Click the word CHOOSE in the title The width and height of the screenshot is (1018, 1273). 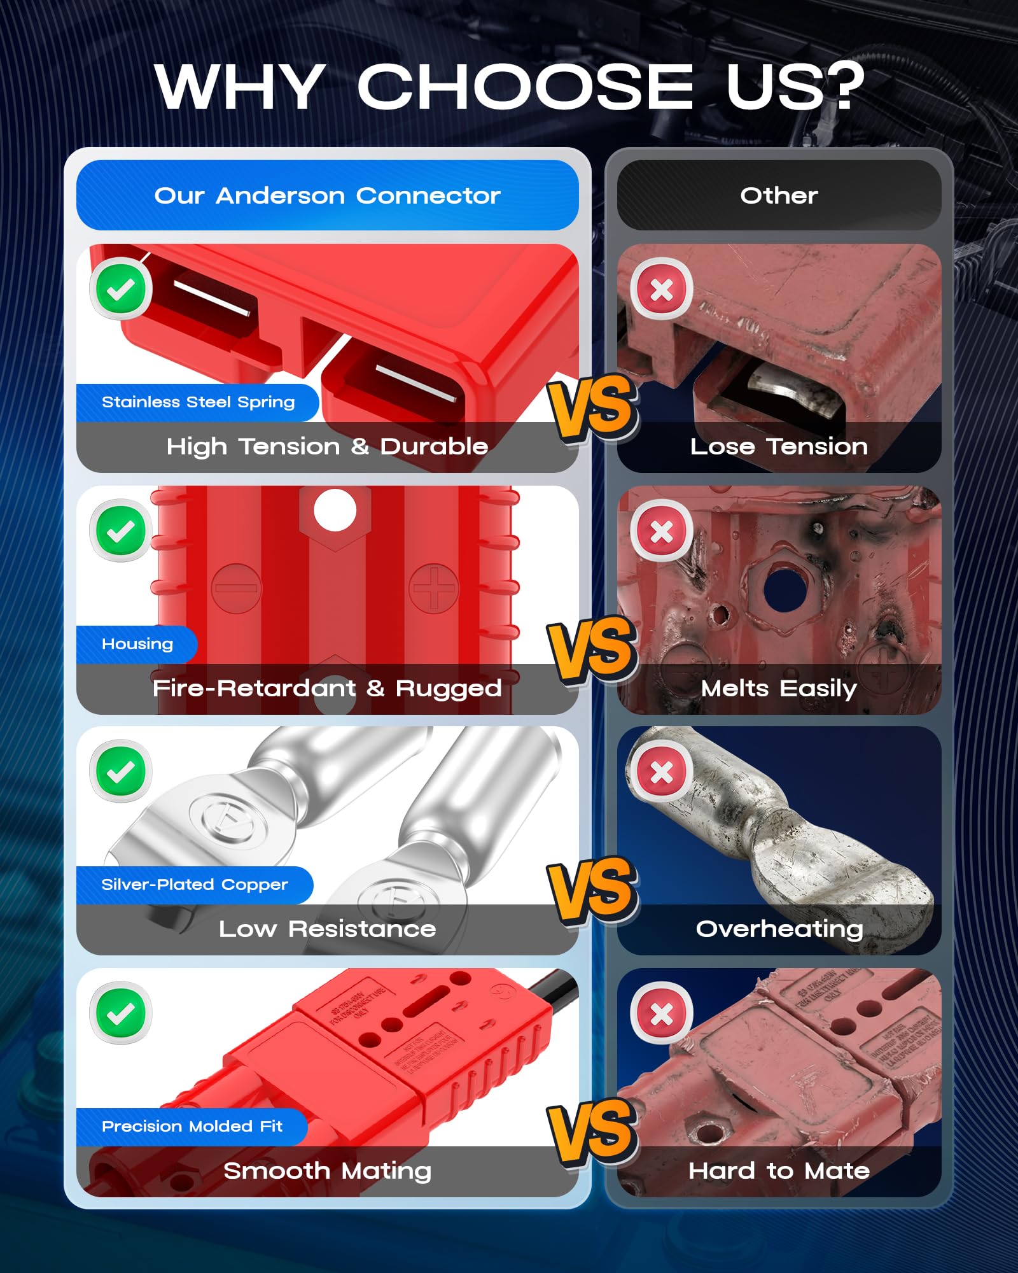point(525,87)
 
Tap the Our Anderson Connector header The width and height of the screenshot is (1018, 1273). point(327,195)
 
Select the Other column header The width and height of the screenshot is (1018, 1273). point(779,195)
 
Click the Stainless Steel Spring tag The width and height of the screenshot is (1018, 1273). point(198,402)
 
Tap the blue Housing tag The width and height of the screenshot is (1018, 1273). point(137,644)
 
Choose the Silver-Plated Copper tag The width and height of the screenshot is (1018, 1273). point(194,885)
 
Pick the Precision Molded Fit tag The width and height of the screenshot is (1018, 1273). point(192,1127)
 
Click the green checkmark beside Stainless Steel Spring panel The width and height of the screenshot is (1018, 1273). point(121,289)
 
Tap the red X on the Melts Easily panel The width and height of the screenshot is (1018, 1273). point(662,531)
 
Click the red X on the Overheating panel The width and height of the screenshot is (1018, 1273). point(662,771)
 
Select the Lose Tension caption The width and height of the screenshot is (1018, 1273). point(779,447)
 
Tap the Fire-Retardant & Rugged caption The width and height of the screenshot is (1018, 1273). point(327,689)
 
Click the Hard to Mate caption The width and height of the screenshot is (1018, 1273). point(779,1171)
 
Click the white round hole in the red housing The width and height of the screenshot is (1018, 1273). point(335,510)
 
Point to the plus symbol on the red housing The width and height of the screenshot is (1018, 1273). point(434,588)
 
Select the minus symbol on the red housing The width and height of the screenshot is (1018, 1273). point(236,588)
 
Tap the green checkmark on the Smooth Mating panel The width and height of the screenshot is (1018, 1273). point(121,1013)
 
